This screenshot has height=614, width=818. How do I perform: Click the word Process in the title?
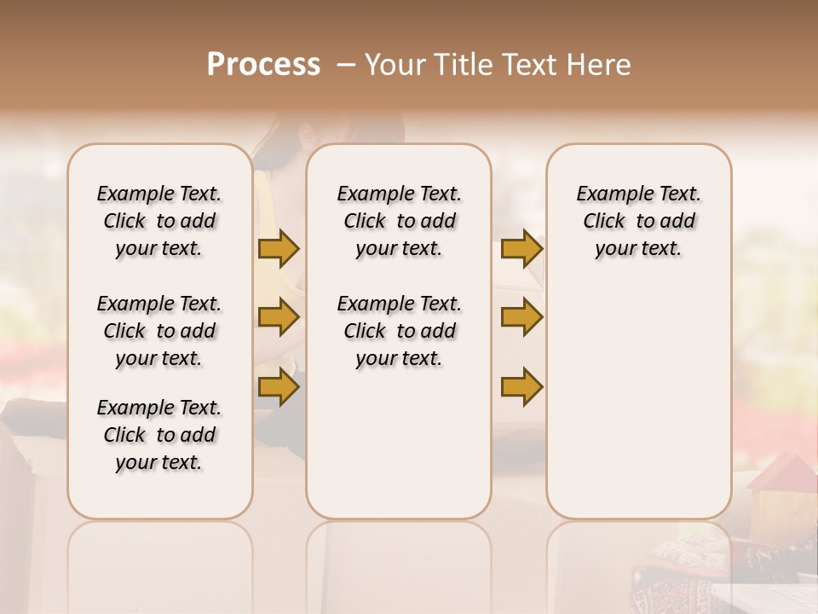click(x=263, y=65)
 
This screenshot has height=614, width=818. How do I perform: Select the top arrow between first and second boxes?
click(x=279, y=248)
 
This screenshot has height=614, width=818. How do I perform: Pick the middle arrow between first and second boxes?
click(x=279, y=317)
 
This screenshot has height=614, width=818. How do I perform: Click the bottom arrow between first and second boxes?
click(x=279, y=386)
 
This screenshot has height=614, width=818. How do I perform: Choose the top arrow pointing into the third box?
click(x=521, y=248)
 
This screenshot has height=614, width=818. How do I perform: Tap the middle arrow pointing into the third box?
click(x=521, y=317)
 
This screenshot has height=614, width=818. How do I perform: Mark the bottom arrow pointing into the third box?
click(x=521, y=386)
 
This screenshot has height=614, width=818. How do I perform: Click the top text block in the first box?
click(x=159, y=221)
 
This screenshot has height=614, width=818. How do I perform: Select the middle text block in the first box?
click(x=159, y=331)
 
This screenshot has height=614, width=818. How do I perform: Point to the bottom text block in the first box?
click(x=159, y=435)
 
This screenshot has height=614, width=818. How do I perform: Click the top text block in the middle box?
click(x=399, y=221)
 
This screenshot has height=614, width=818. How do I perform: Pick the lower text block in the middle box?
click(x=399, y=331)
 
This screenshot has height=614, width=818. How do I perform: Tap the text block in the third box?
click(x=638, y=221)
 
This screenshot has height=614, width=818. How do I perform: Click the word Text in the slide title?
click(x=530, y=65)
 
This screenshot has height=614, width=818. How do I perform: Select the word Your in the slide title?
click(x=395, y=65)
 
